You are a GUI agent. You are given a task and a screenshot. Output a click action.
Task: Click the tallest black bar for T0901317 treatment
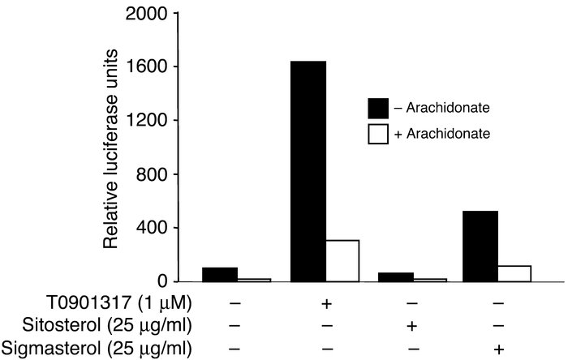[x=308, y=171]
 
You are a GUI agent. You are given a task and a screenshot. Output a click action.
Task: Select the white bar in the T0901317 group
[x=342, y=260]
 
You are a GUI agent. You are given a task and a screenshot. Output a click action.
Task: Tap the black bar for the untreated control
[x=219, y=274]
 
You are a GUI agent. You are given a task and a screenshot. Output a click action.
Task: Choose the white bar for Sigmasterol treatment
[x=514, y=273]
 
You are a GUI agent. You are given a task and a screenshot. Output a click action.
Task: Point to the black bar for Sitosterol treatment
[x=394, y=276]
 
